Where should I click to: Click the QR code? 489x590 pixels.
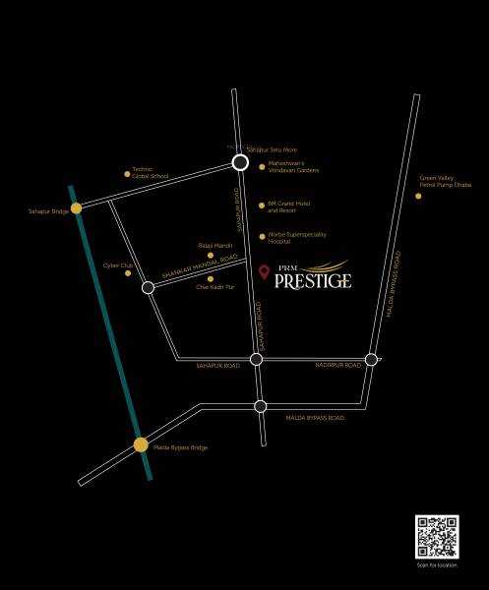point(437,537)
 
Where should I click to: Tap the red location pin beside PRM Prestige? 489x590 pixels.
point(263,271)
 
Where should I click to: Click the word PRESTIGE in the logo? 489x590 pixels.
point(312,279)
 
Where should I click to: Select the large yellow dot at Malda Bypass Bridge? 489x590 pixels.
point(141,444)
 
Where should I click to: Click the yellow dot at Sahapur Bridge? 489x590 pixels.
point(76,207)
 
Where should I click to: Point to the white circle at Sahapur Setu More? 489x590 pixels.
point(239,163)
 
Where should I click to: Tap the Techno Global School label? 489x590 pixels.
point(151,173)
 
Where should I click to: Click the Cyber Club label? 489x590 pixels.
point(118,265)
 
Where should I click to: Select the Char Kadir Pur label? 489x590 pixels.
point(215,286)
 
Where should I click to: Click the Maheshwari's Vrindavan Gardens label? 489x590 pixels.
point(293,167)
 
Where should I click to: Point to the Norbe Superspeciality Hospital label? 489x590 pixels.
point(296,237)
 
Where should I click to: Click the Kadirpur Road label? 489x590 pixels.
point(336,365)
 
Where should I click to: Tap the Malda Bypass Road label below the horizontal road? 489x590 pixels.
point(315,418)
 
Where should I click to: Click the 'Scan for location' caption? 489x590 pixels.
point(437,565)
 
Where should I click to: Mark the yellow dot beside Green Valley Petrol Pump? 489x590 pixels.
point(418,196)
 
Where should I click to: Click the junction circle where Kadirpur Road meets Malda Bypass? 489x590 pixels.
point(371,359)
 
